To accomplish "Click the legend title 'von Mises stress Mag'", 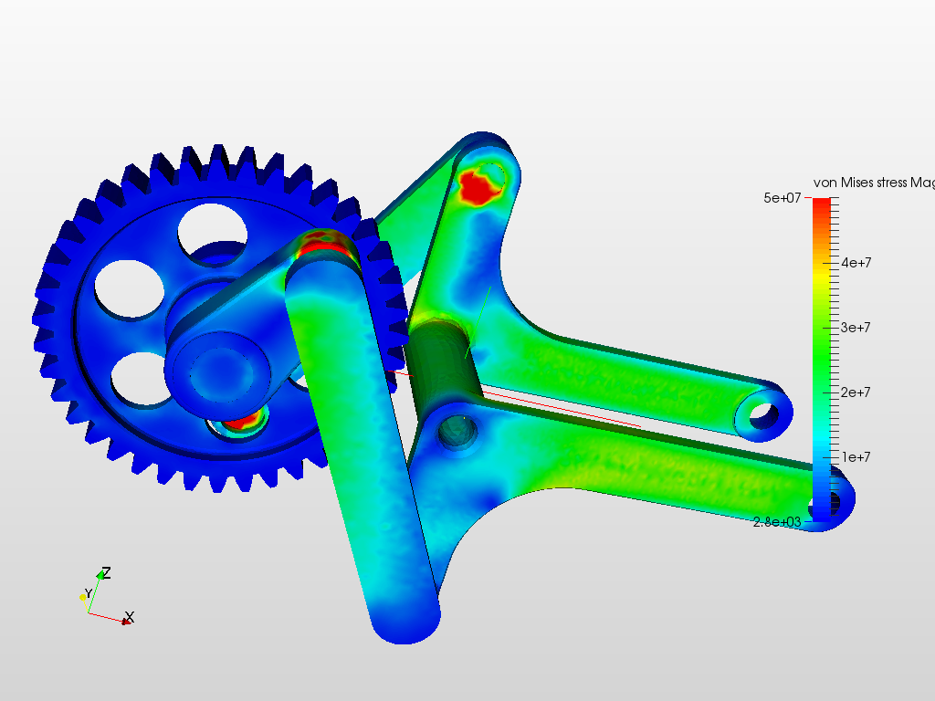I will (873, 183).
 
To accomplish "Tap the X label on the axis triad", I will (130, 617).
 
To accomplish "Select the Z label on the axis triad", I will (107, 573).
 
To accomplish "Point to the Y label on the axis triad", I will (89, 594).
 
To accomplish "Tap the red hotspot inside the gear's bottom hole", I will (242, 421).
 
